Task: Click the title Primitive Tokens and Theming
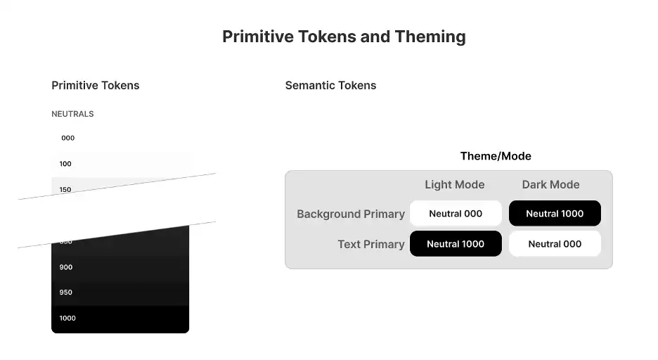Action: coord(344,37)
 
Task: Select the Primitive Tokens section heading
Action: coord(96,85)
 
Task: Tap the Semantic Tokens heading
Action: coord(330,85)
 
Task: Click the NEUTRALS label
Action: coord(72,114)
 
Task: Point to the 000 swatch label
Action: coord(67,138)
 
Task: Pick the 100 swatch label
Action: coord(65,164)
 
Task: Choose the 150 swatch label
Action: coord(65,189)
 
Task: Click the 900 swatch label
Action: coord(66,267)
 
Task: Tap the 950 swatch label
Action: coord(66,292)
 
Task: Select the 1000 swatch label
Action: coord(67,319)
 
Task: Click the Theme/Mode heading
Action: coord(496,156)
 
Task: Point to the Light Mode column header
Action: coord(455,185)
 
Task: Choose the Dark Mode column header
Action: coord(550,185)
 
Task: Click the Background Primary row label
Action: coord(351,214)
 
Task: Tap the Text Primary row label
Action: coord(371,244)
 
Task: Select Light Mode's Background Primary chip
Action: coord(456,214)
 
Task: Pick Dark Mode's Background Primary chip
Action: coord(555,214)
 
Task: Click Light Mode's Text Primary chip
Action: coord(456,244)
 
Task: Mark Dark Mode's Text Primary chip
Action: coord(555,244)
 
